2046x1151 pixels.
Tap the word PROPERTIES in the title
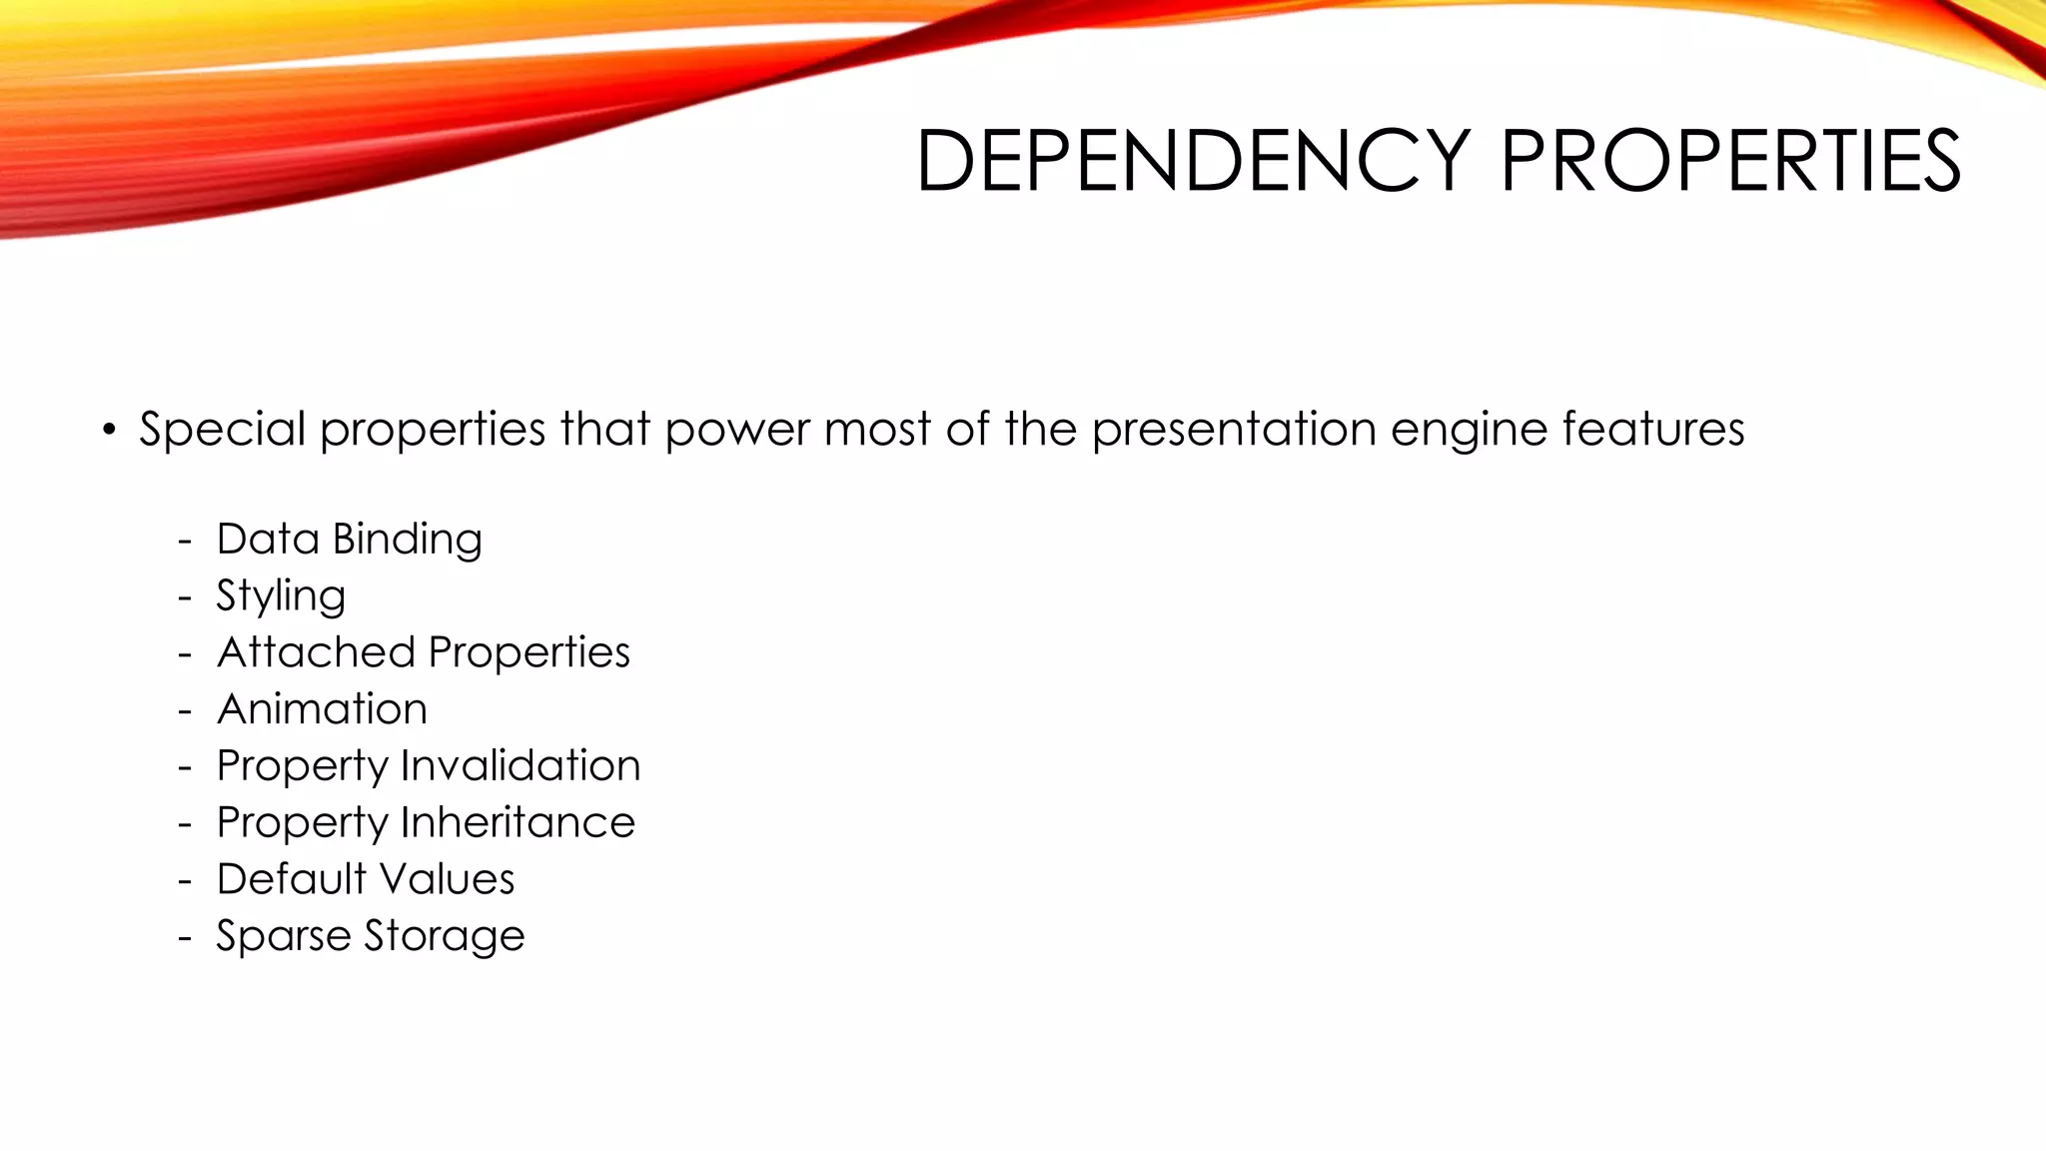[1730, 161]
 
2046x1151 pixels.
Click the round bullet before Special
[109, 431]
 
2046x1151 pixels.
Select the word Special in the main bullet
[222, 430]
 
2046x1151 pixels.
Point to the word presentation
[1233, 430]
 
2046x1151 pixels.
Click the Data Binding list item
[349, 540]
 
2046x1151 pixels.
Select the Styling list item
[281, 596]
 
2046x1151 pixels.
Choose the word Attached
[315, 652]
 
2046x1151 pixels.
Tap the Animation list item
[322, 709]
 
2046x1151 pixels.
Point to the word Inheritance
[516, 822]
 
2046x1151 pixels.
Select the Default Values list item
[365, 879]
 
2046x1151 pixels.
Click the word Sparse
[283, 937]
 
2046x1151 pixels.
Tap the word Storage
[444, 937]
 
